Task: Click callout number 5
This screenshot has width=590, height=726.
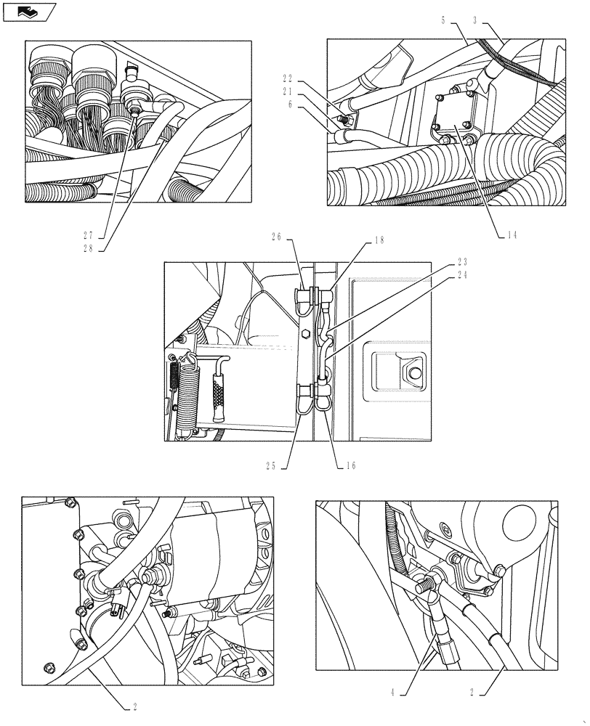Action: click(442, 21)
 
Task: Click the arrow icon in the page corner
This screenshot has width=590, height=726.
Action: click(28, 11)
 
